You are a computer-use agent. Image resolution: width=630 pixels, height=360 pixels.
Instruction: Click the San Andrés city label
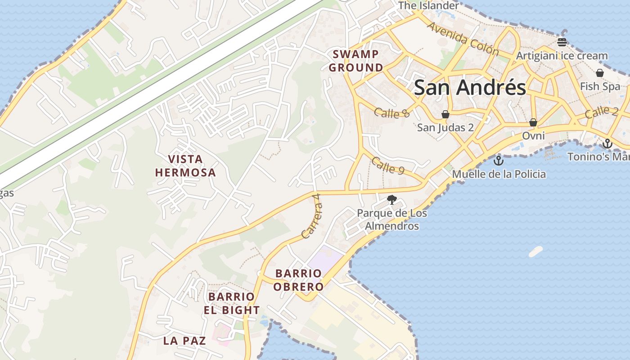470,87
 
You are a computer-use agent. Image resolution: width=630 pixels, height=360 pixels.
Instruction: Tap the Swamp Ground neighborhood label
355,61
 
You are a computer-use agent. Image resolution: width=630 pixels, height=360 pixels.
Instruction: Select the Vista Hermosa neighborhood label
185,166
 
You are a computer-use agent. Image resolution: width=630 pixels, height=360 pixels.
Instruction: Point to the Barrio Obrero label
299,280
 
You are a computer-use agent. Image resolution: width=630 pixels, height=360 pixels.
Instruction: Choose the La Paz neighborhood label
184,341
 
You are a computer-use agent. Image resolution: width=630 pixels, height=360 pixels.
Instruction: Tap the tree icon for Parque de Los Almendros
392,199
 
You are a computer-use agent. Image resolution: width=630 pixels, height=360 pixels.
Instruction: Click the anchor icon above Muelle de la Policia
498,161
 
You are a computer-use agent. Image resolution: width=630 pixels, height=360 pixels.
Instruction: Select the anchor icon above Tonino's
607,144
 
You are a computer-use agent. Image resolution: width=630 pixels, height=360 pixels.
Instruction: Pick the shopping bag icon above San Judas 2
445,114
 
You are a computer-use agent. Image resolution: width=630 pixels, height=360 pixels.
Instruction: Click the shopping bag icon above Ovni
533,122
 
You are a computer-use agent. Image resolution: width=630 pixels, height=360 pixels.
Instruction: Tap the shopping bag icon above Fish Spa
599,73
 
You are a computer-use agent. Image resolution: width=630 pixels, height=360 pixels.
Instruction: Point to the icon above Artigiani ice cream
562,42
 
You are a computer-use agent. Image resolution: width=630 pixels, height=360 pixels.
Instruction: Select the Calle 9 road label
388,166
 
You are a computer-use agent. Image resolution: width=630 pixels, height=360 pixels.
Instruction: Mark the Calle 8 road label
391,112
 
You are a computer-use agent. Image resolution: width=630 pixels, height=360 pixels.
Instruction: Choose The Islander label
428,5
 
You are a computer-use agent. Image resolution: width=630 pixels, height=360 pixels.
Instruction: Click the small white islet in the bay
535,252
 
